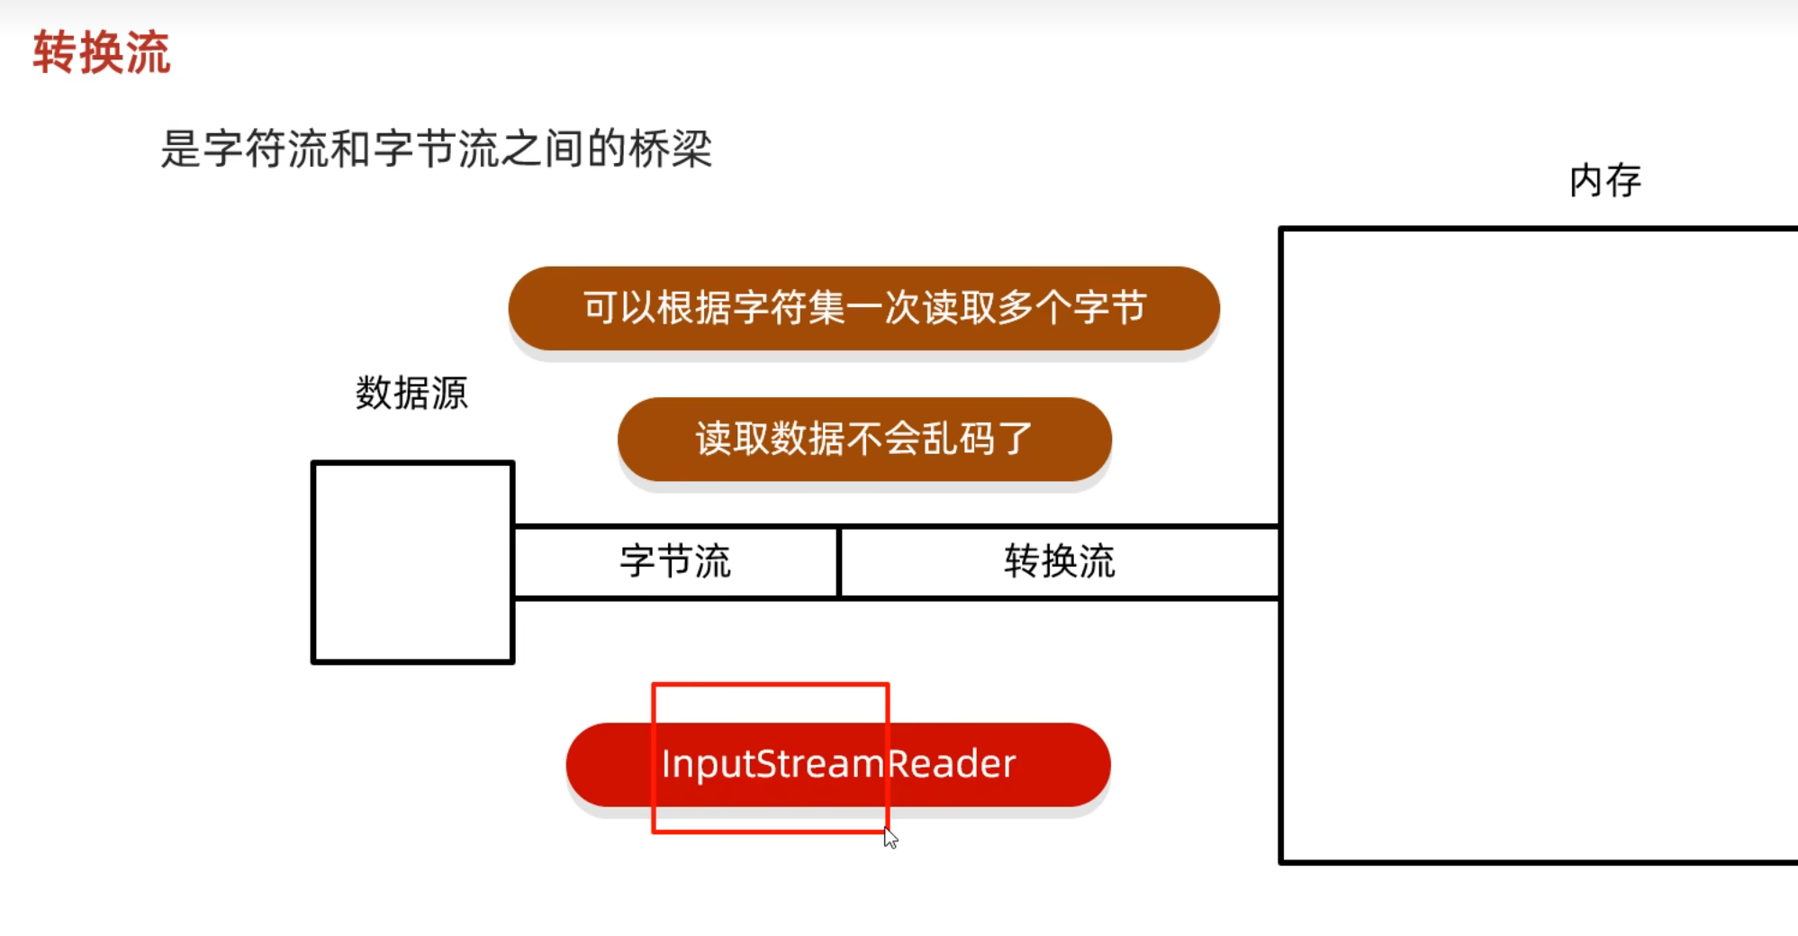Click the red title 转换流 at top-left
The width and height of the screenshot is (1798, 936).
(x=101, y=52)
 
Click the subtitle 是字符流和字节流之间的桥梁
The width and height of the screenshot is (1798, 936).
(x=436, y=149)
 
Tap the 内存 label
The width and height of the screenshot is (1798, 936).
(x=1604, y=181)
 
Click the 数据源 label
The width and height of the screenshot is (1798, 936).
(x=411, y=394)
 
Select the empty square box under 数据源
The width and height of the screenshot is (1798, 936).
(x=412, y=563)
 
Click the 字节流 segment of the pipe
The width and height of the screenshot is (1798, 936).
(x=675, y=562)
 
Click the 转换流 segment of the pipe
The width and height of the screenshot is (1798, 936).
(x=1059, y=562)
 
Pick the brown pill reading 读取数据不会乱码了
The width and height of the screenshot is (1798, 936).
(x=864, y=440)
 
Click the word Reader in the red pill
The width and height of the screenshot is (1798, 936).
(x=952, y=765)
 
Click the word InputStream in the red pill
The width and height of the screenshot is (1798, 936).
(x=773, y=765)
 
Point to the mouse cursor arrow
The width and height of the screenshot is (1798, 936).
(x=890, y=838)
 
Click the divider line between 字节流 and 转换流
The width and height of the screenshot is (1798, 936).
(x=838, y=562)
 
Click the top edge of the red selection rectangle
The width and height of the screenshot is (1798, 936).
(x=771, y=686)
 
